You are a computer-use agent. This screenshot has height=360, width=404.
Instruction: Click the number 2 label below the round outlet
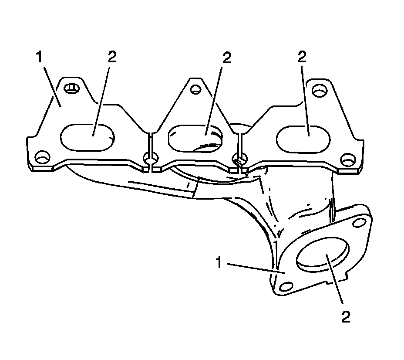pos(346,317)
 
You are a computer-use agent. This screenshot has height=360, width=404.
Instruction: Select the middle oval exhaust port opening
pos(196,137)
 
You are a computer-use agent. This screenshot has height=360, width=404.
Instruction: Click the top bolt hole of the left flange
pos(71,89)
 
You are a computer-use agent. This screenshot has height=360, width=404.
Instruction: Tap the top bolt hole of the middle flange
pos(195,90)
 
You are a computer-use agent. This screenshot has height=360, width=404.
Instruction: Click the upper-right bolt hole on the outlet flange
pos(359,223)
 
